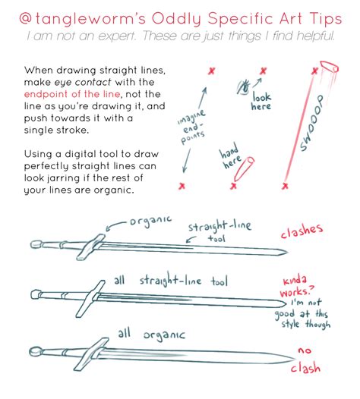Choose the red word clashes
coord(301,231)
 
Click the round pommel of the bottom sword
coord(36,351)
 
